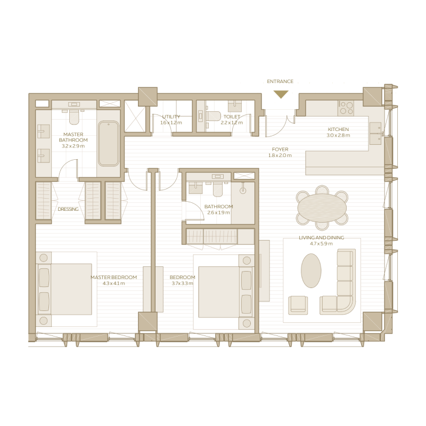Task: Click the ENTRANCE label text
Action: point(280,81)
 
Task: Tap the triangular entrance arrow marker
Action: point(281,94)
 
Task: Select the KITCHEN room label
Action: point(338,129)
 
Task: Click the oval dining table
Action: point(322,207)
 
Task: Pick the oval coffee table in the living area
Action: point(311,271)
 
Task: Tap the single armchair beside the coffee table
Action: point(298,305)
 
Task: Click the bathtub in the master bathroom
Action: point(109,143)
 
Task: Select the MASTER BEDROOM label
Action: point(113,277)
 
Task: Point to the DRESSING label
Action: point(68,209)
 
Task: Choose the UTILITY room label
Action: point(171,117)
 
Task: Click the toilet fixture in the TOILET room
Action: point(214,116)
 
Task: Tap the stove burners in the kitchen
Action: point(346,108)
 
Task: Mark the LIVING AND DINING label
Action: point(321,237)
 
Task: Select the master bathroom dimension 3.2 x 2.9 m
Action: point(73,145)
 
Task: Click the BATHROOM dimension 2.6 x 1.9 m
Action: point(218,212)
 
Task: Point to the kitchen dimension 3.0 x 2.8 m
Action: point(338,136)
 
